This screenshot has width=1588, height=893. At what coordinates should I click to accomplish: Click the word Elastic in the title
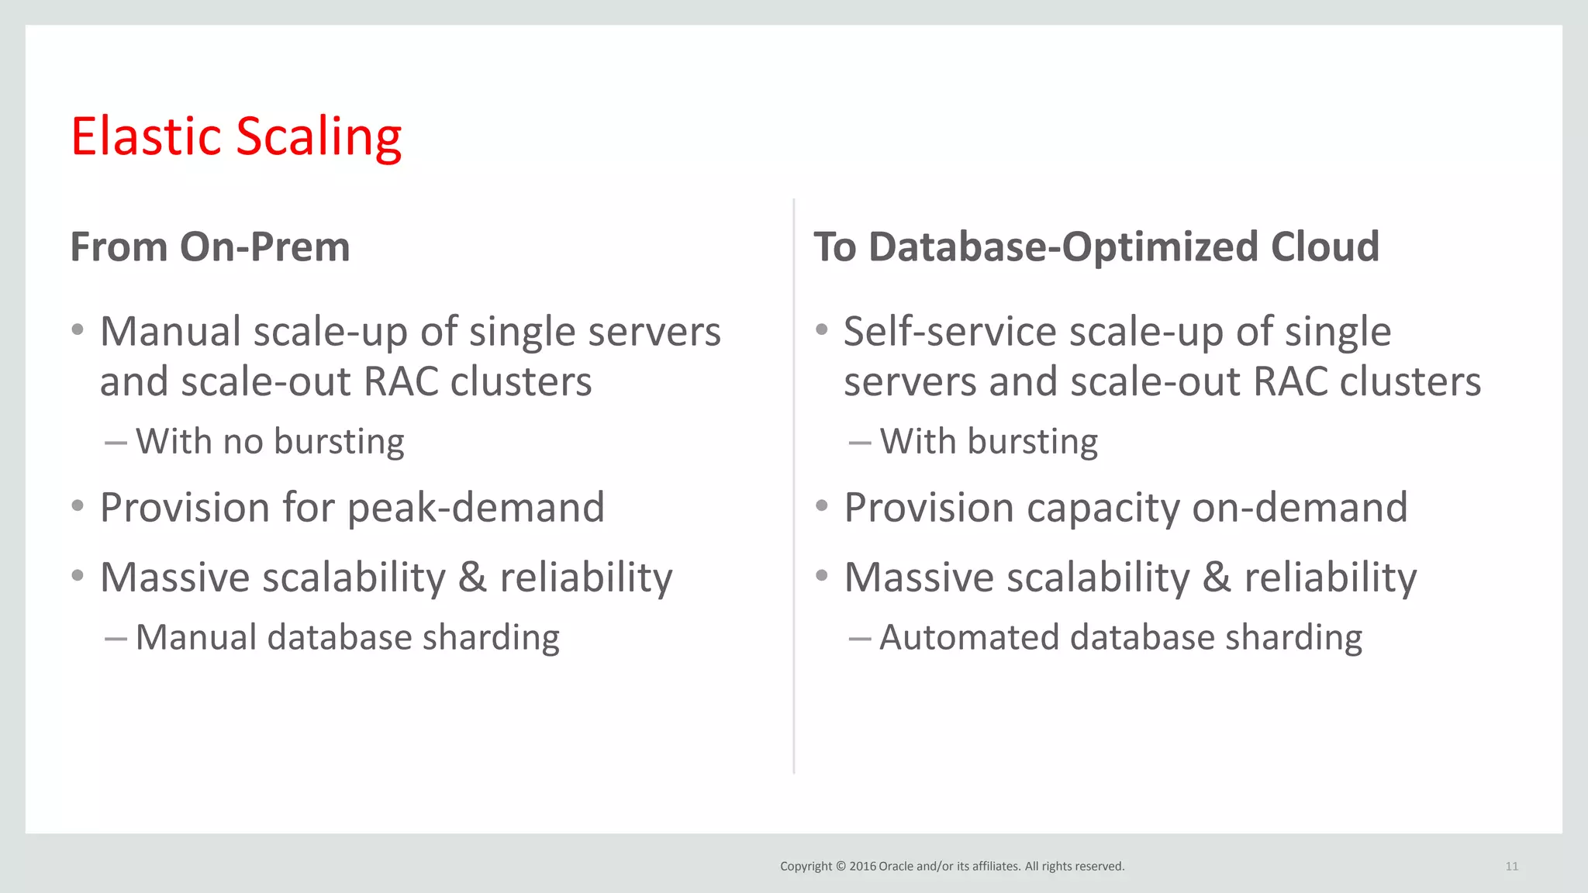(x=146, y=136)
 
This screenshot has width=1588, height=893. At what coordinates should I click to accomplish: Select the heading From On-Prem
(x=210, y=247)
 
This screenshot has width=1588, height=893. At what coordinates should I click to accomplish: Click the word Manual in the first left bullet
(x=171, y=332)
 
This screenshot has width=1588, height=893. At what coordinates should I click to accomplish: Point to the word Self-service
(x=950, y=332)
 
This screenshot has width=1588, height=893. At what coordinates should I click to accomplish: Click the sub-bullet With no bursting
(x=269, y=442)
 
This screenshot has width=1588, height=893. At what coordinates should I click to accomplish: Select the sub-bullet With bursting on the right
(x=989, y=442)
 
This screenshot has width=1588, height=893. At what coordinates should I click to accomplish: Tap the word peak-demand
(x=475, y=509)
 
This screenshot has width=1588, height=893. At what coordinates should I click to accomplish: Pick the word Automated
(x=969, y=637)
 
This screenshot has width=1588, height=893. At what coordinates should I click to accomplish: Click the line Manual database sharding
(x=347, y=637)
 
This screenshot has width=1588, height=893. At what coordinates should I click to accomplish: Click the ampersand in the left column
(x=472, y=578)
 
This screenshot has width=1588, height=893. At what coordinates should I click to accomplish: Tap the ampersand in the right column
(x=1217, y=578)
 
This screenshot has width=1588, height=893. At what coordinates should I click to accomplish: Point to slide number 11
(x=1511, y=867)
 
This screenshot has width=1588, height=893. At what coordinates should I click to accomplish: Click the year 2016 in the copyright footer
(x=862, y=867)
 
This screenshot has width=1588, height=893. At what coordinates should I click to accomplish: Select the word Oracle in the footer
(x=896, y=867)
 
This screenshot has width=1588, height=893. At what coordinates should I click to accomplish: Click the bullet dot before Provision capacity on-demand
(x=822, y=506)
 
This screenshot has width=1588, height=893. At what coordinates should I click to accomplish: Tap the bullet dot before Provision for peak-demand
(x=78, y=506)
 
